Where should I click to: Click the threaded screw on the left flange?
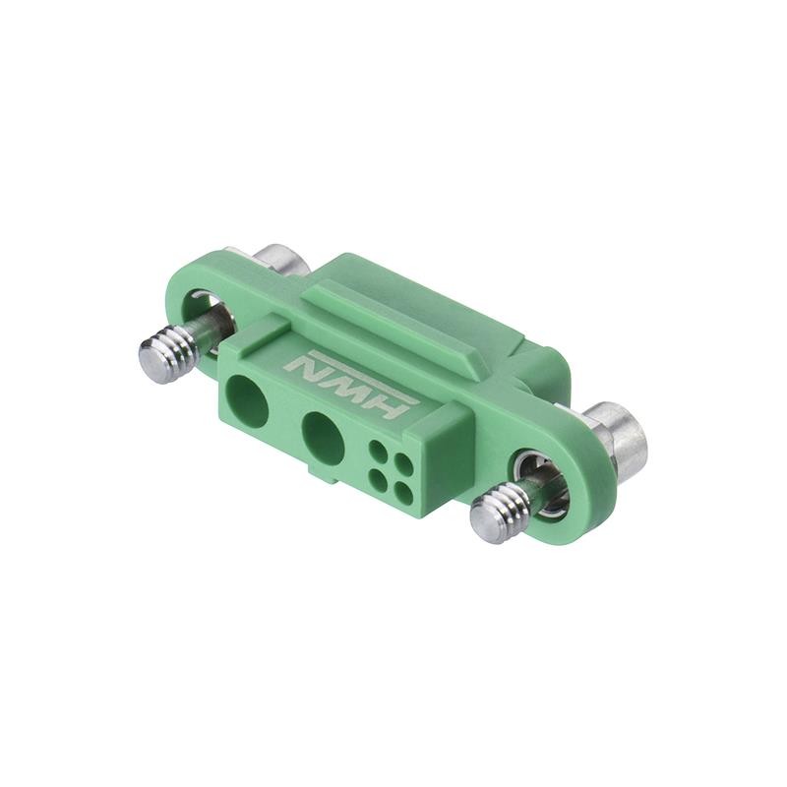167,354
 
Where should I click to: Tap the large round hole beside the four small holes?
323,438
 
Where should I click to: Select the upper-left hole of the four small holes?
378,453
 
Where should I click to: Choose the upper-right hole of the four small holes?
401,463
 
